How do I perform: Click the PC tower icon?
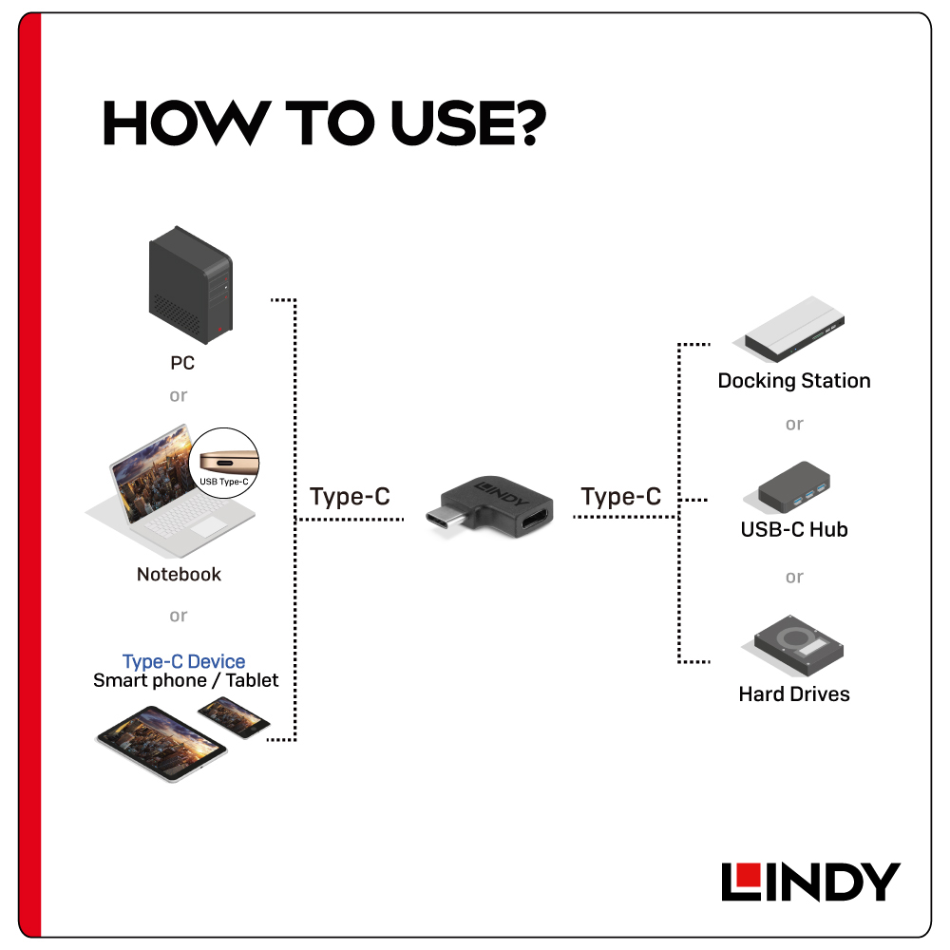(x=190, y=284)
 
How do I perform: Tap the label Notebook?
(x=179, y=574)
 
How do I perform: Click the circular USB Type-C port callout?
(x=224, y=463)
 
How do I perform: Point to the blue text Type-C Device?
(x=183, y=661)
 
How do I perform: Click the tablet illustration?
(x=161, y=744)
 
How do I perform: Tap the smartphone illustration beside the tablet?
(x=234, y=717)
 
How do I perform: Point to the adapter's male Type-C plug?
(x=449, y=520)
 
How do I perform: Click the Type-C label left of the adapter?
(x=350, y=496)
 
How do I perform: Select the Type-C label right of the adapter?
(x=620, y=496)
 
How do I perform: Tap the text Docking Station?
(x=793, y=381)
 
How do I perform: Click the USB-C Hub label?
(x=793, y=529)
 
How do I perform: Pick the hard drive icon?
(x=793, y=645)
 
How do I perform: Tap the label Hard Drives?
(x=793, y=693)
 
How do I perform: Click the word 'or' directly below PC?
(x=179, y=395)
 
